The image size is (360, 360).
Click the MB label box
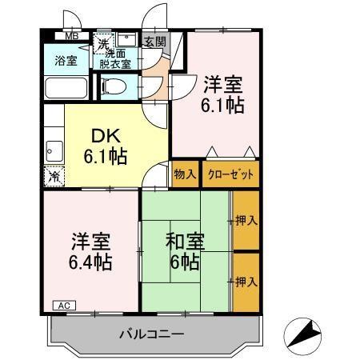71,36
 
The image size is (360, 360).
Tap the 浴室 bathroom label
65,60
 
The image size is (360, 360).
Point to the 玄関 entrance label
154,41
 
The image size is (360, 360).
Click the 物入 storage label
185,174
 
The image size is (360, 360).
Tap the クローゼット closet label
230,174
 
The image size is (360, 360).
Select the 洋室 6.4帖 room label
89,251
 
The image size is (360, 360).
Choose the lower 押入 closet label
246,281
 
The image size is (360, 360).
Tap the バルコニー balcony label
152,333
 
